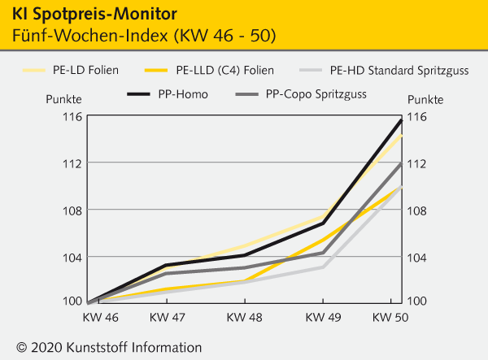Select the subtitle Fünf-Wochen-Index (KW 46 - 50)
click(x=143, y=37)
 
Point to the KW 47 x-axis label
click(x=167, y=316)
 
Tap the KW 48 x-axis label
click(x=244, y=316)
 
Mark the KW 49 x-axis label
click(x=323, y=316)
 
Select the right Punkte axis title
click(x=425, y=99)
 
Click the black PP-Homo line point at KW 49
click(x=323, y=223)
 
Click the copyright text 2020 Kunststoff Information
click(x=108, y=347)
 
